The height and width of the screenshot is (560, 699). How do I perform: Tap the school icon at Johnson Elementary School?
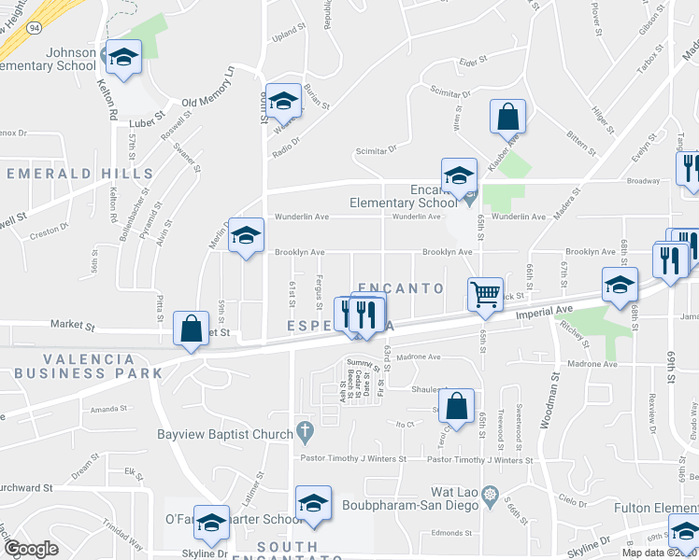121,58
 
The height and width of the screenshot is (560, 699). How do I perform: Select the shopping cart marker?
486,294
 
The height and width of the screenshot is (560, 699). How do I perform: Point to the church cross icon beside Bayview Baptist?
303,432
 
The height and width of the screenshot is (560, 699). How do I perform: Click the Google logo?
31,549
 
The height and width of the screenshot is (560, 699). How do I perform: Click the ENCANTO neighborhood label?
400,288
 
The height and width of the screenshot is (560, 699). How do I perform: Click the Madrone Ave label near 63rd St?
418,357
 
